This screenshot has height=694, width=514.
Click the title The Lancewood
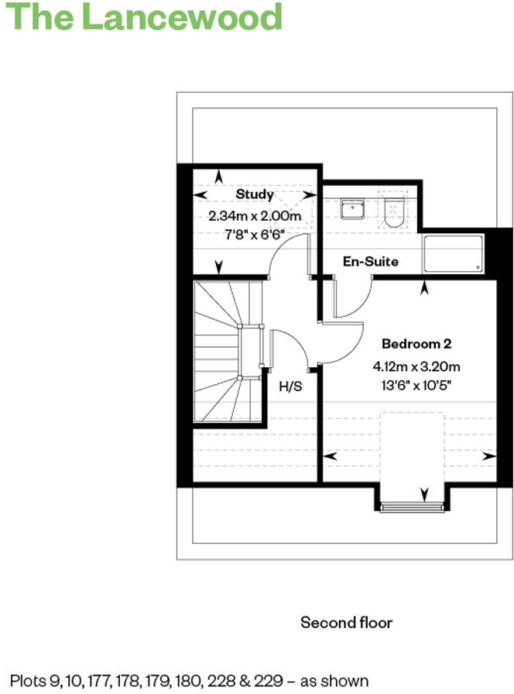pos(144,17)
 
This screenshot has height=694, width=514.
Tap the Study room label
pos(255,194)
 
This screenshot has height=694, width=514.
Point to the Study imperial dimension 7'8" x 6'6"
pos(254,235)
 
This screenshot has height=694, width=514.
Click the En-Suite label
pos(370,261)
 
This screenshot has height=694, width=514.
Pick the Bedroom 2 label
pos(416,343)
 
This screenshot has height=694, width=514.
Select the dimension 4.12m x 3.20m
pos(416,366)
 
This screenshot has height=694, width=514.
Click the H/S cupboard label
pos(290,385)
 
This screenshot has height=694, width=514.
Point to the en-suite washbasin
pos(352,208)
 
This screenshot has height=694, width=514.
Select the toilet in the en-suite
pos(393,208)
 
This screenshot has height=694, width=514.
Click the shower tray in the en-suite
pos(454,253)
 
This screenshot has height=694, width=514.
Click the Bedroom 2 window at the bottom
pos(411,507)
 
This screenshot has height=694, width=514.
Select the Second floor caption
pos(346,623)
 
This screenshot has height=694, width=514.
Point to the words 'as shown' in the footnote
pos(336,682)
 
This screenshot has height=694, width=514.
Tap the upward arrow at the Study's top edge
pos(219,176)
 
